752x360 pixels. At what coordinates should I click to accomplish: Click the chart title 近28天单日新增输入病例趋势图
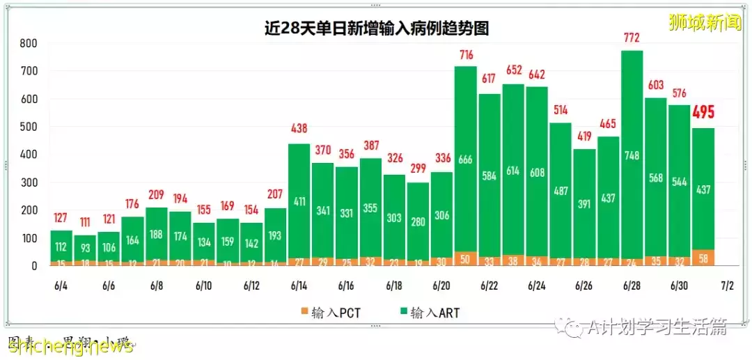click(376, 29)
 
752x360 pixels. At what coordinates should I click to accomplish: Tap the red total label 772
click(632, 38)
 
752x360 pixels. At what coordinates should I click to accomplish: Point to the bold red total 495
click(703, 113)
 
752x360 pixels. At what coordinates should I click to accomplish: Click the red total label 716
click(466, 54)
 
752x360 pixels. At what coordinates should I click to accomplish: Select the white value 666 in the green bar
click(466, 159)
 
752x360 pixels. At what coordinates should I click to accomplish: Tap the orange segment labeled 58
click(703, 258)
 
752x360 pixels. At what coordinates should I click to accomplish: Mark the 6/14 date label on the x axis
click(299, 286)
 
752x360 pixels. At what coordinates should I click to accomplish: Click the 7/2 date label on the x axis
click(727, 286)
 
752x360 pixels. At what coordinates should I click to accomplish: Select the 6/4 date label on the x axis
click(61, 286)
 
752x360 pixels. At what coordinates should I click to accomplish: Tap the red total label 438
click(299, 128)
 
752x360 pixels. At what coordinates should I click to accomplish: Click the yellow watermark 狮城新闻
click(704, 22)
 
